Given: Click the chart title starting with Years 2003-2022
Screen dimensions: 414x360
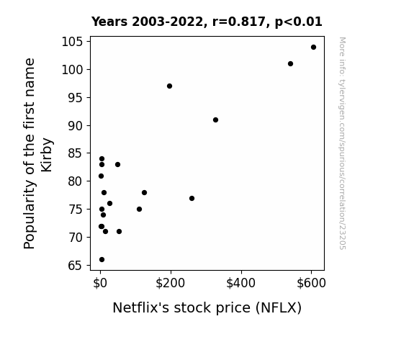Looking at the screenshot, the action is pos(207,22).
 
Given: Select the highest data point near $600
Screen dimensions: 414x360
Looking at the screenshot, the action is pos(313,48).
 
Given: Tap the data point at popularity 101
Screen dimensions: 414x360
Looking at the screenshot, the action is pos(290,63).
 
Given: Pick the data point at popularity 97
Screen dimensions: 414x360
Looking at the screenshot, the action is pos(169,86).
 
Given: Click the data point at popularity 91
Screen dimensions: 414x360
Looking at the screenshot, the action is pos(215,120).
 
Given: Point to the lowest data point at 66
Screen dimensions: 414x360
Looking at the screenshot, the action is pos(102,260).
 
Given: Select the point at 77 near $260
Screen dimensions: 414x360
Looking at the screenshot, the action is pos(192,198).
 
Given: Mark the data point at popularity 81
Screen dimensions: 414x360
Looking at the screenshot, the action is pos(101,176).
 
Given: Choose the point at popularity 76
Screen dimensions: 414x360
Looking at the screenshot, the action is pos(109,203).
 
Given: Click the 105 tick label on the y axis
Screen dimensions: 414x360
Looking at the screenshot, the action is pos(72,42).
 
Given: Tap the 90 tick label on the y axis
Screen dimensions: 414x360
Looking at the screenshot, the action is pos(76,126).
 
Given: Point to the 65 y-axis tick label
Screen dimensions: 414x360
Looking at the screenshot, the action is pos(76,266).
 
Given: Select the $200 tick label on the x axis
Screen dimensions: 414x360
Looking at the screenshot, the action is pos(171,283).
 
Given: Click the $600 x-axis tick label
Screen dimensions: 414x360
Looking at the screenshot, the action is pos(311,283).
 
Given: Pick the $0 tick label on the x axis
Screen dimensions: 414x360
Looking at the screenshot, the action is pos(100,283).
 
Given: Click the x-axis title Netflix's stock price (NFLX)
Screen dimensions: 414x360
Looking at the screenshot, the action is pos(207,307).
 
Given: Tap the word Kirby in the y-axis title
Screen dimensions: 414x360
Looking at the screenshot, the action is pos(47,155).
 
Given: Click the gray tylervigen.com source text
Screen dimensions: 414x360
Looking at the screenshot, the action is pos(342,143).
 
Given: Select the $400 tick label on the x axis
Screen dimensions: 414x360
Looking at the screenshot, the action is pos(240,283).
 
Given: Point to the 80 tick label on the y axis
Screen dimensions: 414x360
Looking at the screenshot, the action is pos(76,181).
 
